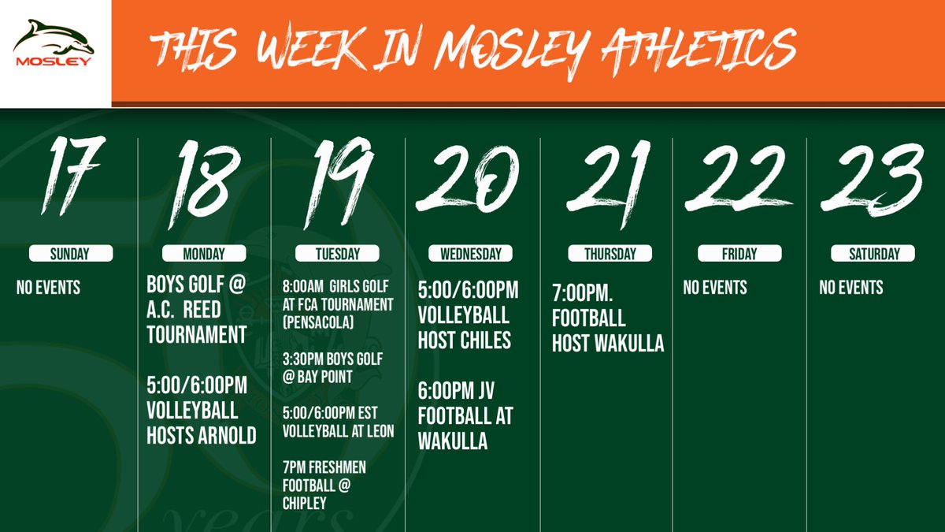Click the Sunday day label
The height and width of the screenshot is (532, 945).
coord(70,254)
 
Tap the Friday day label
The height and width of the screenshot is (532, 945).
coord(739,254)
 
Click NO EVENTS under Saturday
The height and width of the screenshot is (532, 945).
coord(850,288)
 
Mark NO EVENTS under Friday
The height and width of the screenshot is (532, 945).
coord(715,288)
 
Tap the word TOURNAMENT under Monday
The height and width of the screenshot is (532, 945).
coord(197,335)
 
